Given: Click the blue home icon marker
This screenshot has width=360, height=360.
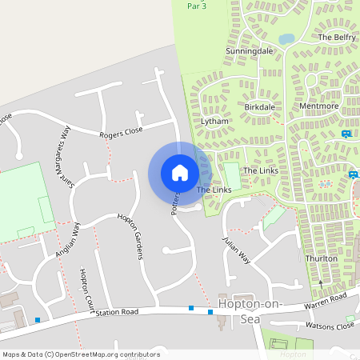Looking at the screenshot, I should point(180,172).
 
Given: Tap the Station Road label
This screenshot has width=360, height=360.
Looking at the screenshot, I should point(117,311).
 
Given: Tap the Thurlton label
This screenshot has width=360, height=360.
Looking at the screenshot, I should point(322,259).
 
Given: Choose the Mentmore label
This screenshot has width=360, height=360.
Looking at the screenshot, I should point(318,106).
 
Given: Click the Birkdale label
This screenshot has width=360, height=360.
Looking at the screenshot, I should point(260,106).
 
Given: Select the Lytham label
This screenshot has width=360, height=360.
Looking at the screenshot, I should point(215,122).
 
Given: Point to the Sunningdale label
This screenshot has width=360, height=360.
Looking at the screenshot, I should point(250,50).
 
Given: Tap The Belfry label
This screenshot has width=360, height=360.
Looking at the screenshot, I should point(335,37).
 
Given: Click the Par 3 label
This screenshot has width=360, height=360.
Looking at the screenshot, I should point(197,6).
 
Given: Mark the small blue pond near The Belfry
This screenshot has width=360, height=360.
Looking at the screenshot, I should point(286,38).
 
